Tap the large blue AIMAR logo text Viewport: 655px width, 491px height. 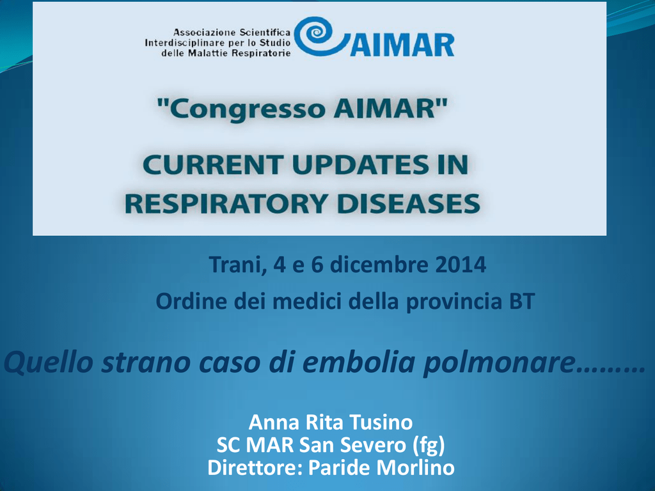pos(402,45)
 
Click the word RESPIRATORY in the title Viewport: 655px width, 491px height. pos(226,204)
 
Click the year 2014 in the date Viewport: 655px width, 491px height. pos(461,265)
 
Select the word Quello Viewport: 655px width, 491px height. pos(49,362)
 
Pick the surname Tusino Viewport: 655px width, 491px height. pos(381,422)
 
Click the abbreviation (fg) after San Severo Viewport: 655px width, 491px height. pos(429,446)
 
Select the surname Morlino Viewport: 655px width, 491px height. pos(416,467)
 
